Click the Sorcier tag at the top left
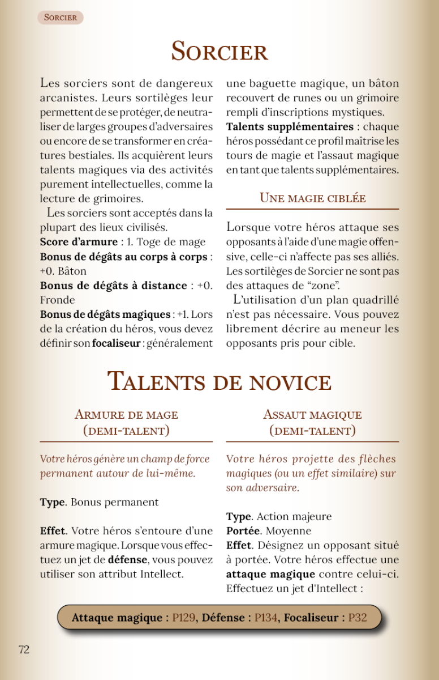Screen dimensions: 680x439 pos(61,18)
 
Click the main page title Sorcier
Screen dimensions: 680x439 pos(219,52)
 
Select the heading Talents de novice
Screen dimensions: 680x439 pos(219,381)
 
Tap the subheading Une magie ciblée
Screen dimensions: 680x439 pos(312,198)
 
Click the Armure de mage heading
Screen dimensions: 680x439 pos(126,415)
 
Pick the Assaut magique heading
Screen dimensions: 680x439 pos(312,415)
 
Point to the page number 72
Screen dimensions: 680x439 pos(24,650)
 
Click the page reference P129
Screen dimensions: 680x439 pos(184,617)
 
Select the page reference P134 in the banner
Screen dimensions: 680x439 pos(266,617)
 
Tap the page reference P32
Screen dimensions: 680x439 pos(358,617)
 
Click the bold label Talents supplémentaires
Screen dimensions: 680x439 pos(290,126)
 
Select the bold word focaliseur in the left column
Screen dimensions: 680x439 pos(117,343)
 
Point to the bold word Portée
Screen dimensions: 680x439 pos(243,531)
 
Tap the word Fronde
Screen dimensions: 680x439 pos(57,300)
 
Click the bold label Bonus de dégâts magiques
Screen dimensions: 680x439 pos(105,314)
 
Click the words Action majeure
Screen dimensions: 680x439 pos(294,516)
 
